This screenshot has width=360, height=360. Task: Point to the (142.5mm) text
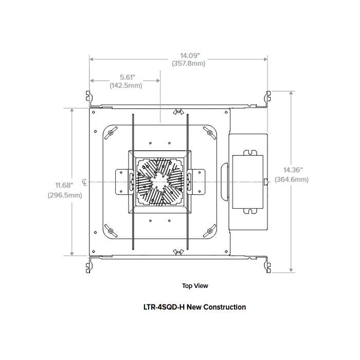[x=125, y=85]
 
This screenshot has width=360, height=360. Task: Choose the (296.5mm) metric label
[x=64, y=195]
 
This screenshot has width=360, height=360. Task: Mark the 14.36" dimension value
[x=292, y=170]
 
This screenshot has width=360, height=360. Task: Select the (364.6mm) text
[x=292, y=179]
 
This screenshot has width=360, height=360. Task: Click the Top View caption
[x=195, y=286]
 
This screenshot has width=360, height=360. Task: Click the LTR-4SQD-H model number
[x=164, y=307]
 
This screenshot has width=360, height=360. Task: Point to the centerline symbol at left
[x=84, y=182]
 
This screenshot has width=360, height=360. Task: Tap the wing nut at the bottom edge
[x=178, y=251]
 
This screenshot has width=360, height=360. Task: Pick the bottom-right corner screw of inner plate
[x=210, y=230]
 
